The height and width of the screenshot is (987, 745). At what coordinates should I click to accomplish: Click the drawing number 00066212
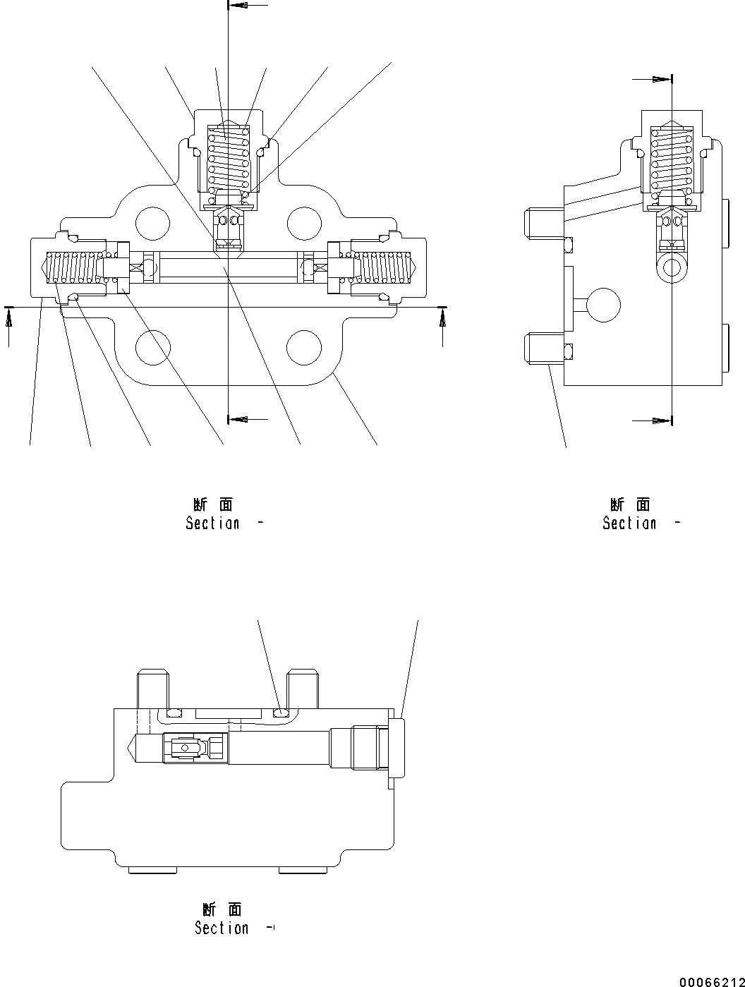712,981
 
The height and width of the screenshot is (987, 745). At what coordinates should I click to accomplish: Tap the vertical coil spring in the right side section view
672,161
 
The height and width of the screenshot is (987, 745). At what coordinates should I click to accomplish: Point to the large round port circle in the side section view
603,305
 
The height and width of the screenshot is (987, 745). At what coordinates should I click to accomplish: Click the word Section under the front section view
212,523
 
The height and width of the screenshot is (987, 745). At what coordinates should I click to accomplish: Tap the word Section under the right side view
629,523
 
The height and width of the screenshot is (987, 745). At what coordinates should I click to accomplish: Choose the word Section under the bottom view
222,928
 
